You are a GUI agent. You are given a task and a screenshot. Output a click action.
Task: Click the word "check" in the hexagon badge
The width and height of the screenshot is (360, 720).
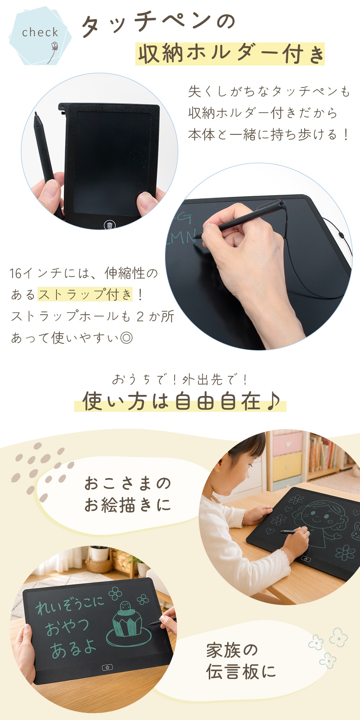[x=40, y=32]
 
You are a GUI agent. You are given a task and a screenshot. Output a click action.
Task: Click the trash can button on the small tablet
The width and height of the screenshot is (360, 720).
[x=110, y=225]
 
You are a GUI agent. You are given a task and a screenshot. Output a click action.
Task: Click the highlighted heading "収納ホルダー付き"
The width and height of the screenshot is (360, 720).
[x=230, y=54]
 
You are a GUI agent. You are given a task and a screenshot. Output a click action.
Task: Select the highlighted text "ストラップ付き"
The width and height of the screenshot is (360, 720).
[x=85, y=294]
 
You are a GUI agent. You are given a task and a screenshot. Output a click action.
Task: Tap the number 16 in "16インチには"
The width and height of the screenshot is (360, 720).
[x=16, y=274]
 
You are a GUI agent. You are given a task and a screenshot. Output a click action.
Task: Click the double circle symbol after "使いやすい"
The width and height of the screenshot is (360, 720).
[x=126, y=338]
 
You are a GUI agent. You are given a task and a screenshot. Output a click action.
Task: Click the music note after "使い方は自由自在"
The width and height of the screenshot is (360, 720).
[x=273, y=401]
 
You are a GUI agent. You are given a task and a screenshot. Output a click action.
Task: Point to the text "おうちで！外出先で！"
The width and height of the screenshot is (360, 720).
[x=180, y=379]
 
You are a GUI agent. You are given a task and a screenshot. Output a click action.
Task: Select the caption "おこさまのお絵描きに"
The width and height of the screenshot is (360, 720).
[x=128, y=494]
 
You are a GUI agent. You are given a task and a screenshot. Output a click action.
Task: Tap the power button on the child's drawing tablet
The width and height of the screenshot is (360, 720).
[x=306, y=559]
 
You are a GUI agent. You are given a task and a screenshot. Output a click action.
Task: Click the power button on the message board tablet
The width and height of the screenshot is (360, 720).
[x=107, y=667]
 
